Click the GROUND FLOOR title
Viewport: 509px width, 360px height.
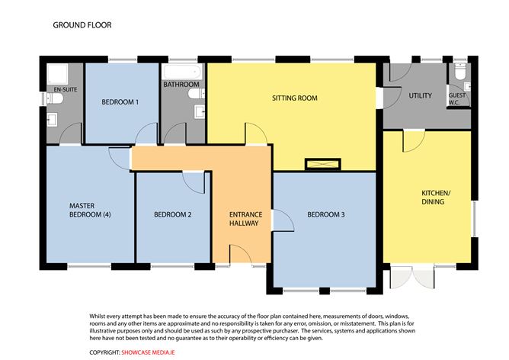[82, 25]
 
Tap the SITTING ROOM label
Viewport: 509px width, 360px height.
[295, 98]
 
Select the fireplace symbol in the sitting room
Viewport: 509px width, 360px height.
[323, 164]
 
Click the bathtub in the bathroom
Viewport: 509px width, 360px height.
[182, 72]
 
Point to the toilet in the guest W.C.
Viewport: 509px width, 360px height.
[460, 71]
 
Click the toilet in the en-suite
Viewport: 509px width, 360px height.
[54, 98]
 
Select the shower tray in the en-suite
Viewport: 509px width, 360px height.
[57, 75]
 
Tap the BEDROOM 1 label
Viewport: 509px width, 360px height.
[120, 102]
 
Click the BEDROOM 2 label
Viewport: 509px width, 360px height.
[173, 214]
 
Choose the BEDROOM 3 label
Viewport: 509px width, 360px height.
[326, 214]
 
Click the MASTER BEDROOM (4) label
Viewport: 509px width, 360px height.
[90, 211]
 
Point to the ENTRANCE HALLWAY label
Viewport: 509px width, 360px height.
[245, 219]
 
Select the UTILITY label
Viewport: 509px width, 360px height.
[420, 95]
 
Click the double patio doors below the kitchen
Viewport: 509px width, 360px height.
[412, 277]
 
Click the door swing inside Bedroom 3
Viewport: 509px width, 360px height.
[283, 220]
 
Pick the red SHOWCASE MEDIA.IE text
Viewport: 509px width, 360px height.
[148, 352]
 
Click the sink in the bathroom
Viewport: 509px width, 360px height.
[200, 111]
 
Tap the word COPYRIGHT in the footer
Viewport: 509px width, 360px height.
[105, 352]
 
